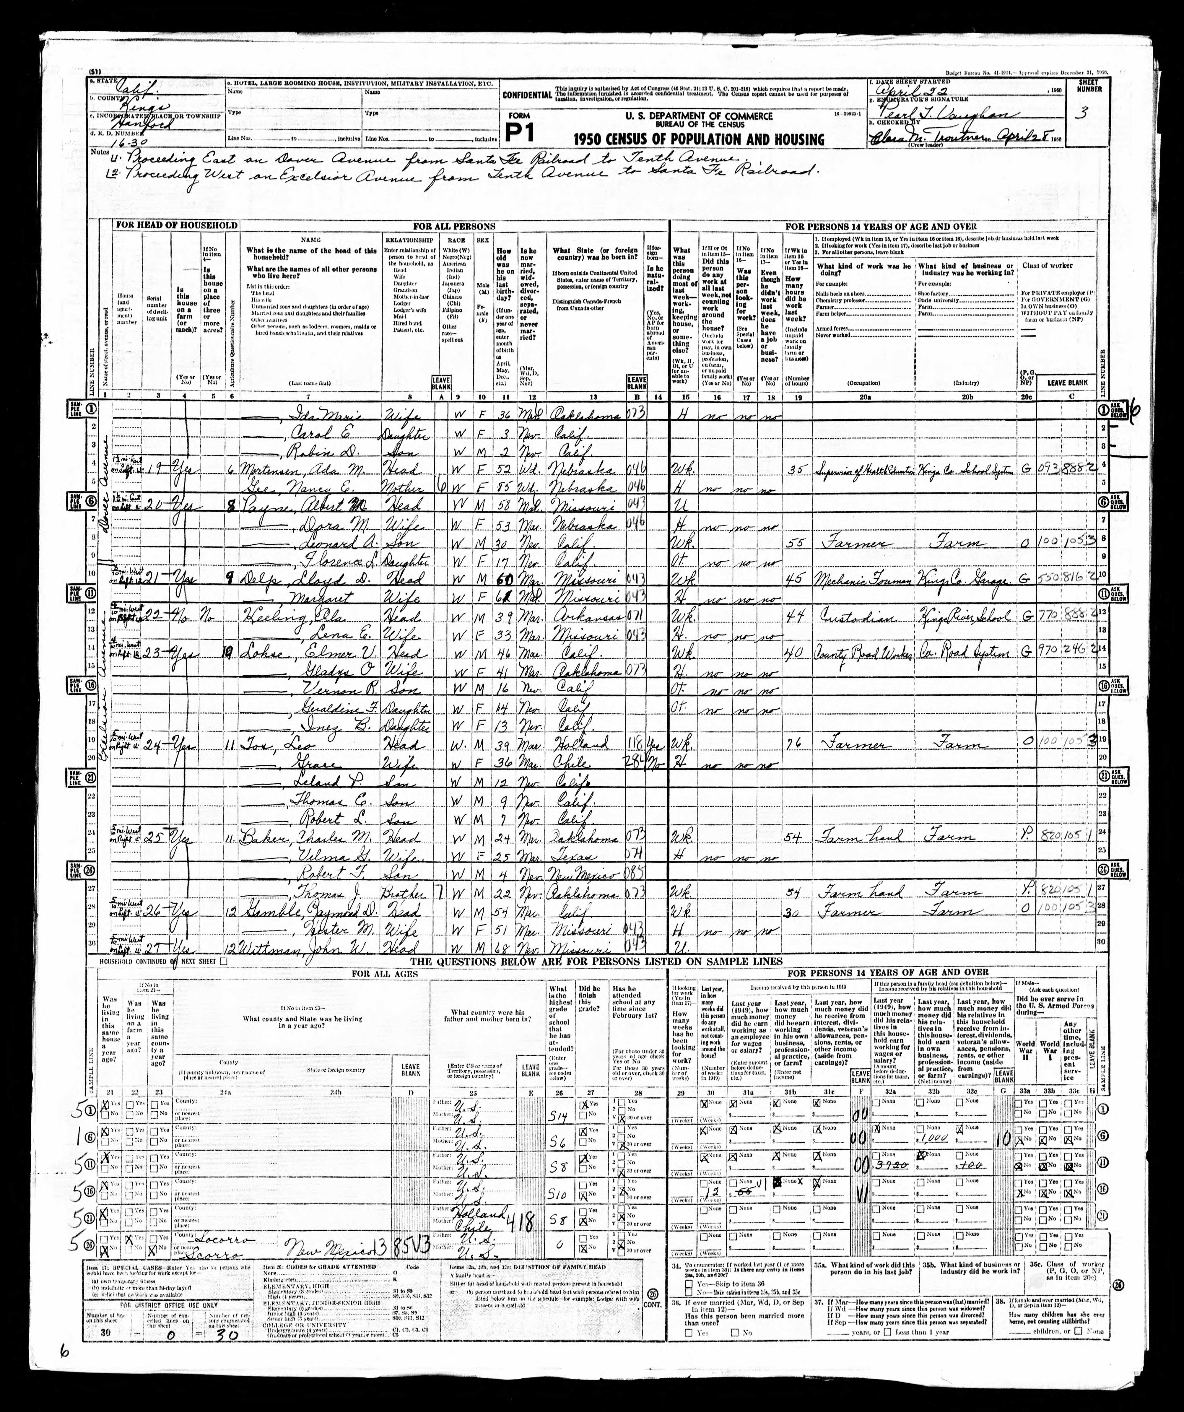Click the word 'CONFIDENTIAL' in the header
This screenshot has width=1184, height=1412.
[x=526, y=95]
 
